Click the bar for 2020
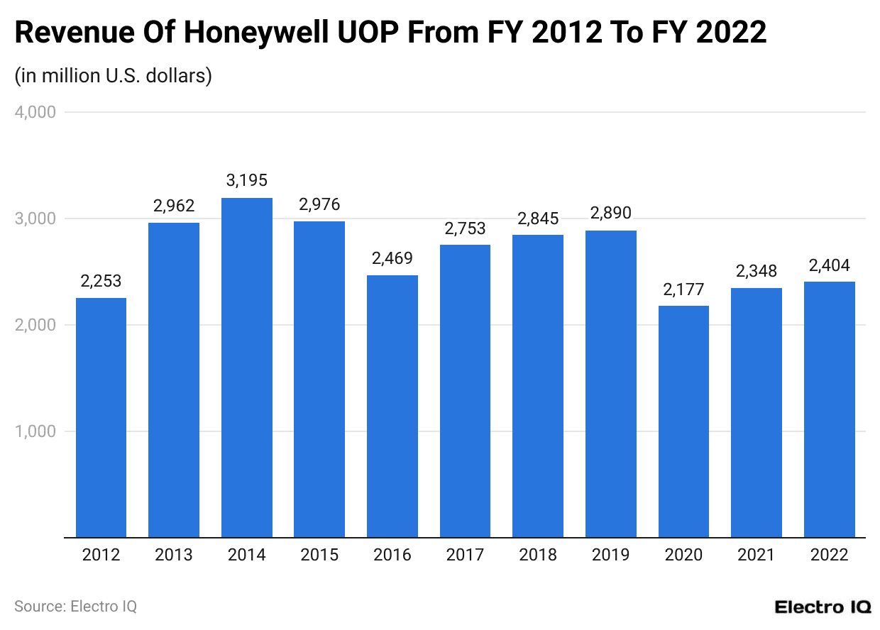tap(683, 421)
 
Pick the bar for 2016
tap(392, 406)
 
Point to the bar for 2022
tap(829, 409)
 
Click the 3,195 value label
tap(247, 181)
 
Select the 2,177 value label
tap(683, 289)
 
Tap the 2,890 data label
tap(611, 214)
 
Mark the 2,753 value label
tap(466, 228)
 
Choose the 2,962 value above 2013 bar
tap(174, 206)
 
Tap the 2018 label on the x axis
tap(538, 555)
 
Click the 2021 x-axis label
tap(757, 555)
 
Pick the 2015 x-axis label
tap(319, 555)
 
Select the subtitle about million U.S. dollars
tap(114, 75)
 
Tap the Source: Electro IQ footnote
tap(75, 607)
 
